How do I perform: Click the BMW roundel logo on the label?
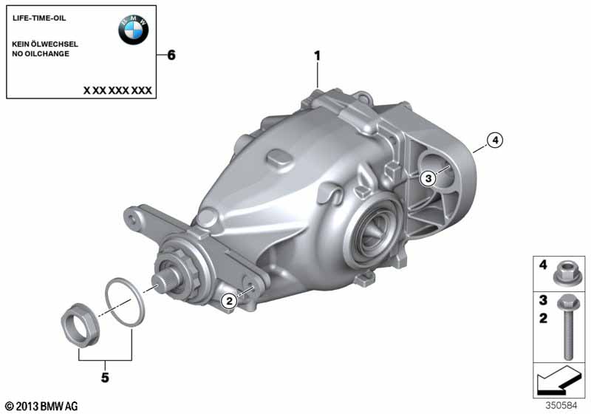tap(134, 30)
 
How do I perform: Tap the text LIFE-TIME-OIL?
tap(39, 18)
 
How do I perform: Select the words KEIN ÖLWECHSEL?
tap(45, 44)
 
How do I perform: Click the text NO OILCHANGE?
tap(41, 53)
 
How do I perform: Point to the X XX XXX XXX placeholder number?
tap(117, 90)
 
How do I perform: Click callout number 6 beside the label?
tap(171, 55)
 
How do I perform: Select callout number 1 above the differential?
tap(318, 55)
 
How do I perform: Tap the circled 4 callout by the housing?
tap(495, 140)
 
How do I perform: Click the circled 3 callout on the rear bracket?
tap(428, 177)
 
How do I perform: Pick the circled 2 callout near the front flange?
tap(229, 301)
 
